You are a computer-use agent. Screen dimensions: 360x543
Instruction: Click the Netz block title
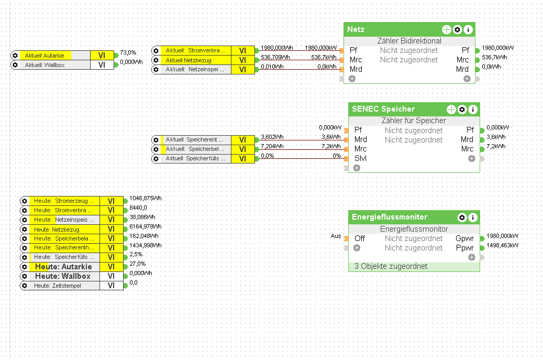coord(356,29)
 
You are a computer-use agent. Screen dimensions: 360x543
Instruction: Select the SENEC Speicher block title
coord(383,109)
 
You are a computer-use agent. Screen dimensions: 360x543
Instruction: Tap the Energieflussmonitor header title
coord(390,217)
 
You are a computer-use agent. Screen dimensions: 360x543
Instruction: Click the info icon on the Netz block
coord(468,30)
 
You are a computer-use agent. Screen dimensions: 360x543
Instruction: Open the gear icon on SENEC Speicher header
coord(462,110)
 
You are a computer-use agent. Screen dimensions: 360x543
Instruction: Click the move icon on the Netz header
coord(446,30)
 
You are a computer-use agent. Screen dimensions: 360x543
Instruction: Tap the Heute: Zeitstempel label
coord(57,286)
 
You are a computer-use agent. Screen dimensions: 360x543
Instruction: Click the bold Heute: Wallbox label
coord(63,276)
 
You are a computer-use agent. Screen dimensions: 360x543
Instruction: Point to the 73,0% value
coord(128,52)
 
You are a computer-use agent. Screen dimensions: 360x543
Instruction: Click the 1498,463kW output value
coord(502,245)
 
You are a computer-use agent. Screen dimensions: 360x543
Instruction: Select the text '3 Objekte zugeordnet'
coord(391,266)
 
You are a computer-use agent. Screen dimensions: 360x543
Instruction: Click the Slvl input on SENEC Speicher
coord(360,158)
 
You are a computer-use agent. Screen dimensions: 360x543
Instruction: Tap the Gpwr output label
coord(464,238)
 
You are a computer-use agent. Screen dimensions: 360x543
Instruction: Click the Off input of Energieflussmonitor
coord(360,238)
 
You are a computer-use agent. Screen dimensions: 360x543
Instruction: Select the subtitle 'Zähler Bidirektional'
coord(409,41)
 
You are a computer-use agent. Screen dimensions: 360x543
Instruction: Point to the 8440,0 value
coord(138,208)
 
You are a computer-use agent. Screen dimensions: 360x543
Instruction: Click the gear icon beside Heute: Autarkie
coord(24,267)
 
